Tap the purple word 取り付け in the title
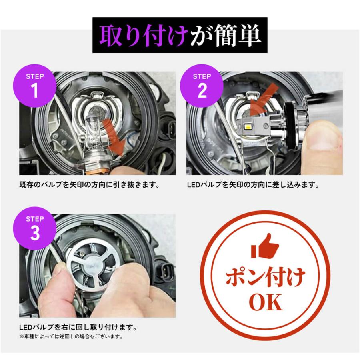click(142, 36)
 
